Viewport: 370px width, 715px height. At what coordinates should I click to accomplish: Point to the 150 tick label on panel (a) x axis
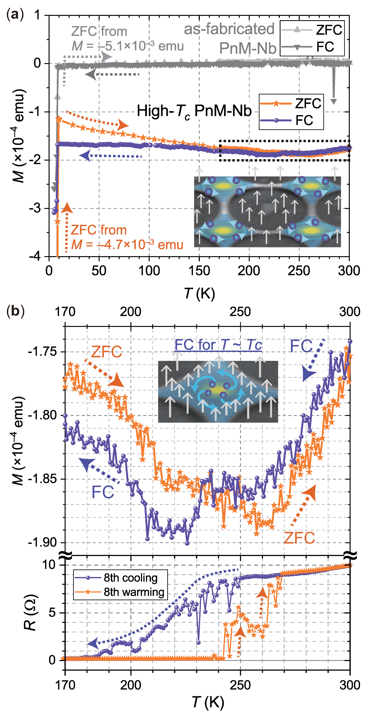coord(199,270)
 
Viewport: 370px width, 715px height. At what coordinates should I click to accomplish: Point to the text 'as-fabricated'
coord(229,29)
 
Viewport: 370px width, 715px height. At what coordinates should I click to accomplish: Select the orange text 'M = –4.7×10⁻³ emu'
coord(127,244)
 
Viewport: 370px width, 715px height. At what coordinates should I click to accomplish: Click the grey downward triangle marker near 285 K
coord(334,101)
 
